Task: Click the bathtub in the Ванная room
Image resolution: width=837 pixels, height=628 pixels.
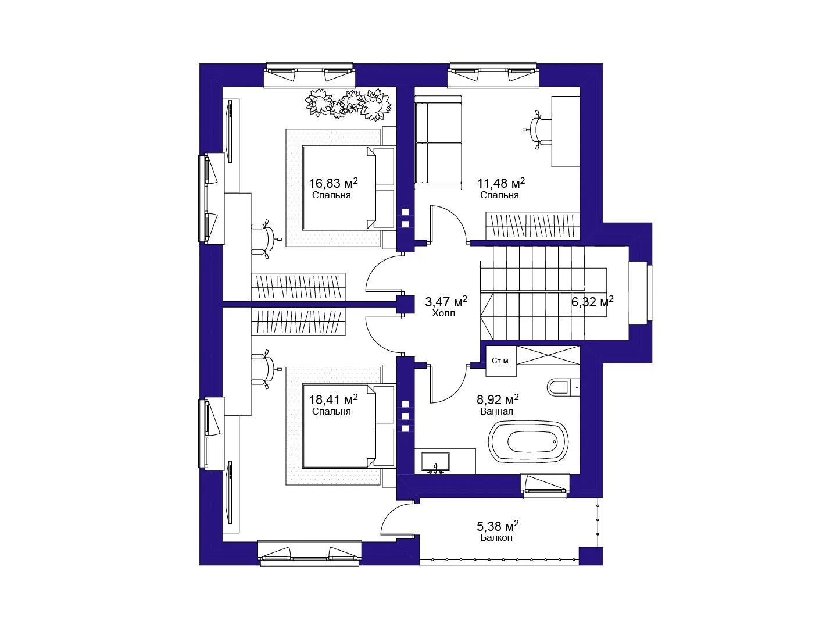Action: click(x=528, y=441)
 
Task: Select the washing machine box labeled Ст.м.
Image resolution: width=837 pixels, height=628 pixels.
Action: click(x=501, y=361)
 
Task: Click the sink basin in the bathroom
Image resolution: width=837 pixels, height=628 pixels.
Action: click(x=435, y=462)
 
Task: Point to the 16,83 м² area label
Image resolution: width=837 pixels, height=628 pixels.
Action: click(x=333, y=183)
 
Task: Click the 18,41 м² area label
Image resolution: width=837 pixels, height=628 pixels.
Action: click(x=333, y=399)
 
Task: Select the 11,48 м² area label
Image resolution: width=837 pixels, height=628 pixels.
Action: click(x=501, y=183)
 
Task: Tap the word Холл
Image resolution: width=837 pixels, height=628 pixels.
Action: click(x=443, y=313)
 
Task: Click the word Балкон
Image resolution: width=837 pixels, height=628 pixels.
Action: click(x=496, y=537)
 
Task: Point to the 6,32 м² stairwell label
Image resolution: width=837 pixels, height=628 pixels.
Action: click(x=592, y=302)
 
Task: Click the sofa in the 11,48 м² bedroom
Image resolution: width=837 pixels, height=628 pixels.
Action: click(x=438, y=142)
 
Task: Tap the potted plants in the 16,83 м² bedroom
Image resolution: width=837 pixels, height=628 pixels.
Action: click(x=348, y=105)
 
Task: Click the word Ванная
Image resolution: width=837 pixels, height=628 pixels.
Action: click(x=496, y=412)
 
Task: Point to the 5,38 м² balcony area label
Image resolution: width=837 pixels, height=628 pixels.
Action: click(x=498, y=526)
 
